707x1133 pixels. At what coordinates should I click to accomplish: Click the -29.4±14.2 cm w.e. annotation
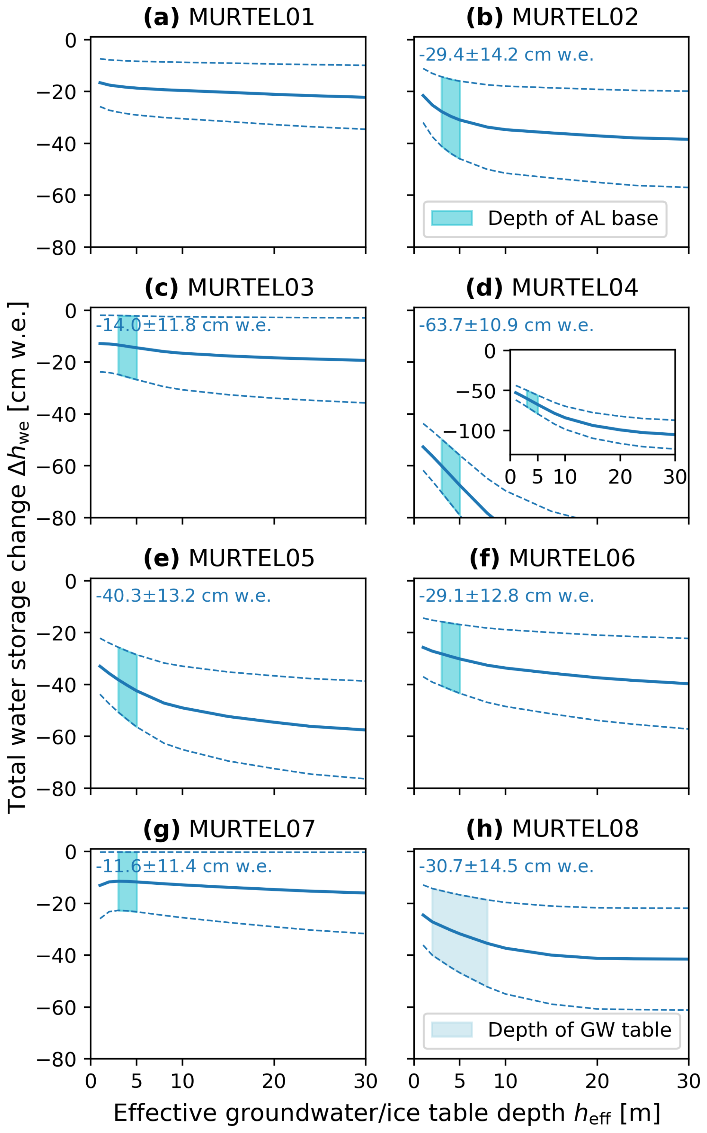[x=506, y=55]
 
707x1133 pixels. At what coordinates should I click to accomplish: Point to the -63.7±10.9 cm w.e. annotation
[x=506, y=325]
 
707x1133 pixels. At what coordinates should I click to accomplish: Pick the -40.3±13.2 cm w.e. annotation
[x=183, y=596]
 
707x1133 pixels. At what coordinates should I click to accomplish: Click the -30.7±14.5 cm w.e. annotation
[x=506, y=866]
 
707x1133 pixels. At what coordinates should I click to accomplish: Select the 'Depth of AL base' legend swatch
[x=452, y=218]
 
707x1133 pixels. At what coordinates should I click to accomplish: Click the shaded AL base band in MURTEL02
[x=451, y=117]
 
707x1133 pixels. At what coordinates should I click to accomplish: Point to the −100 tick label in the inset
[x=475, y=431]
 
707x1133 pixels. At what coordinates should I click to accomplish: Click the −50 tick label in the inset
[x=482, y=391]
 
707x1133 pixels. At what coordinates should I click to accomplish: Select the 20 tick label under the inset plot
[x=620, y=477]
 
